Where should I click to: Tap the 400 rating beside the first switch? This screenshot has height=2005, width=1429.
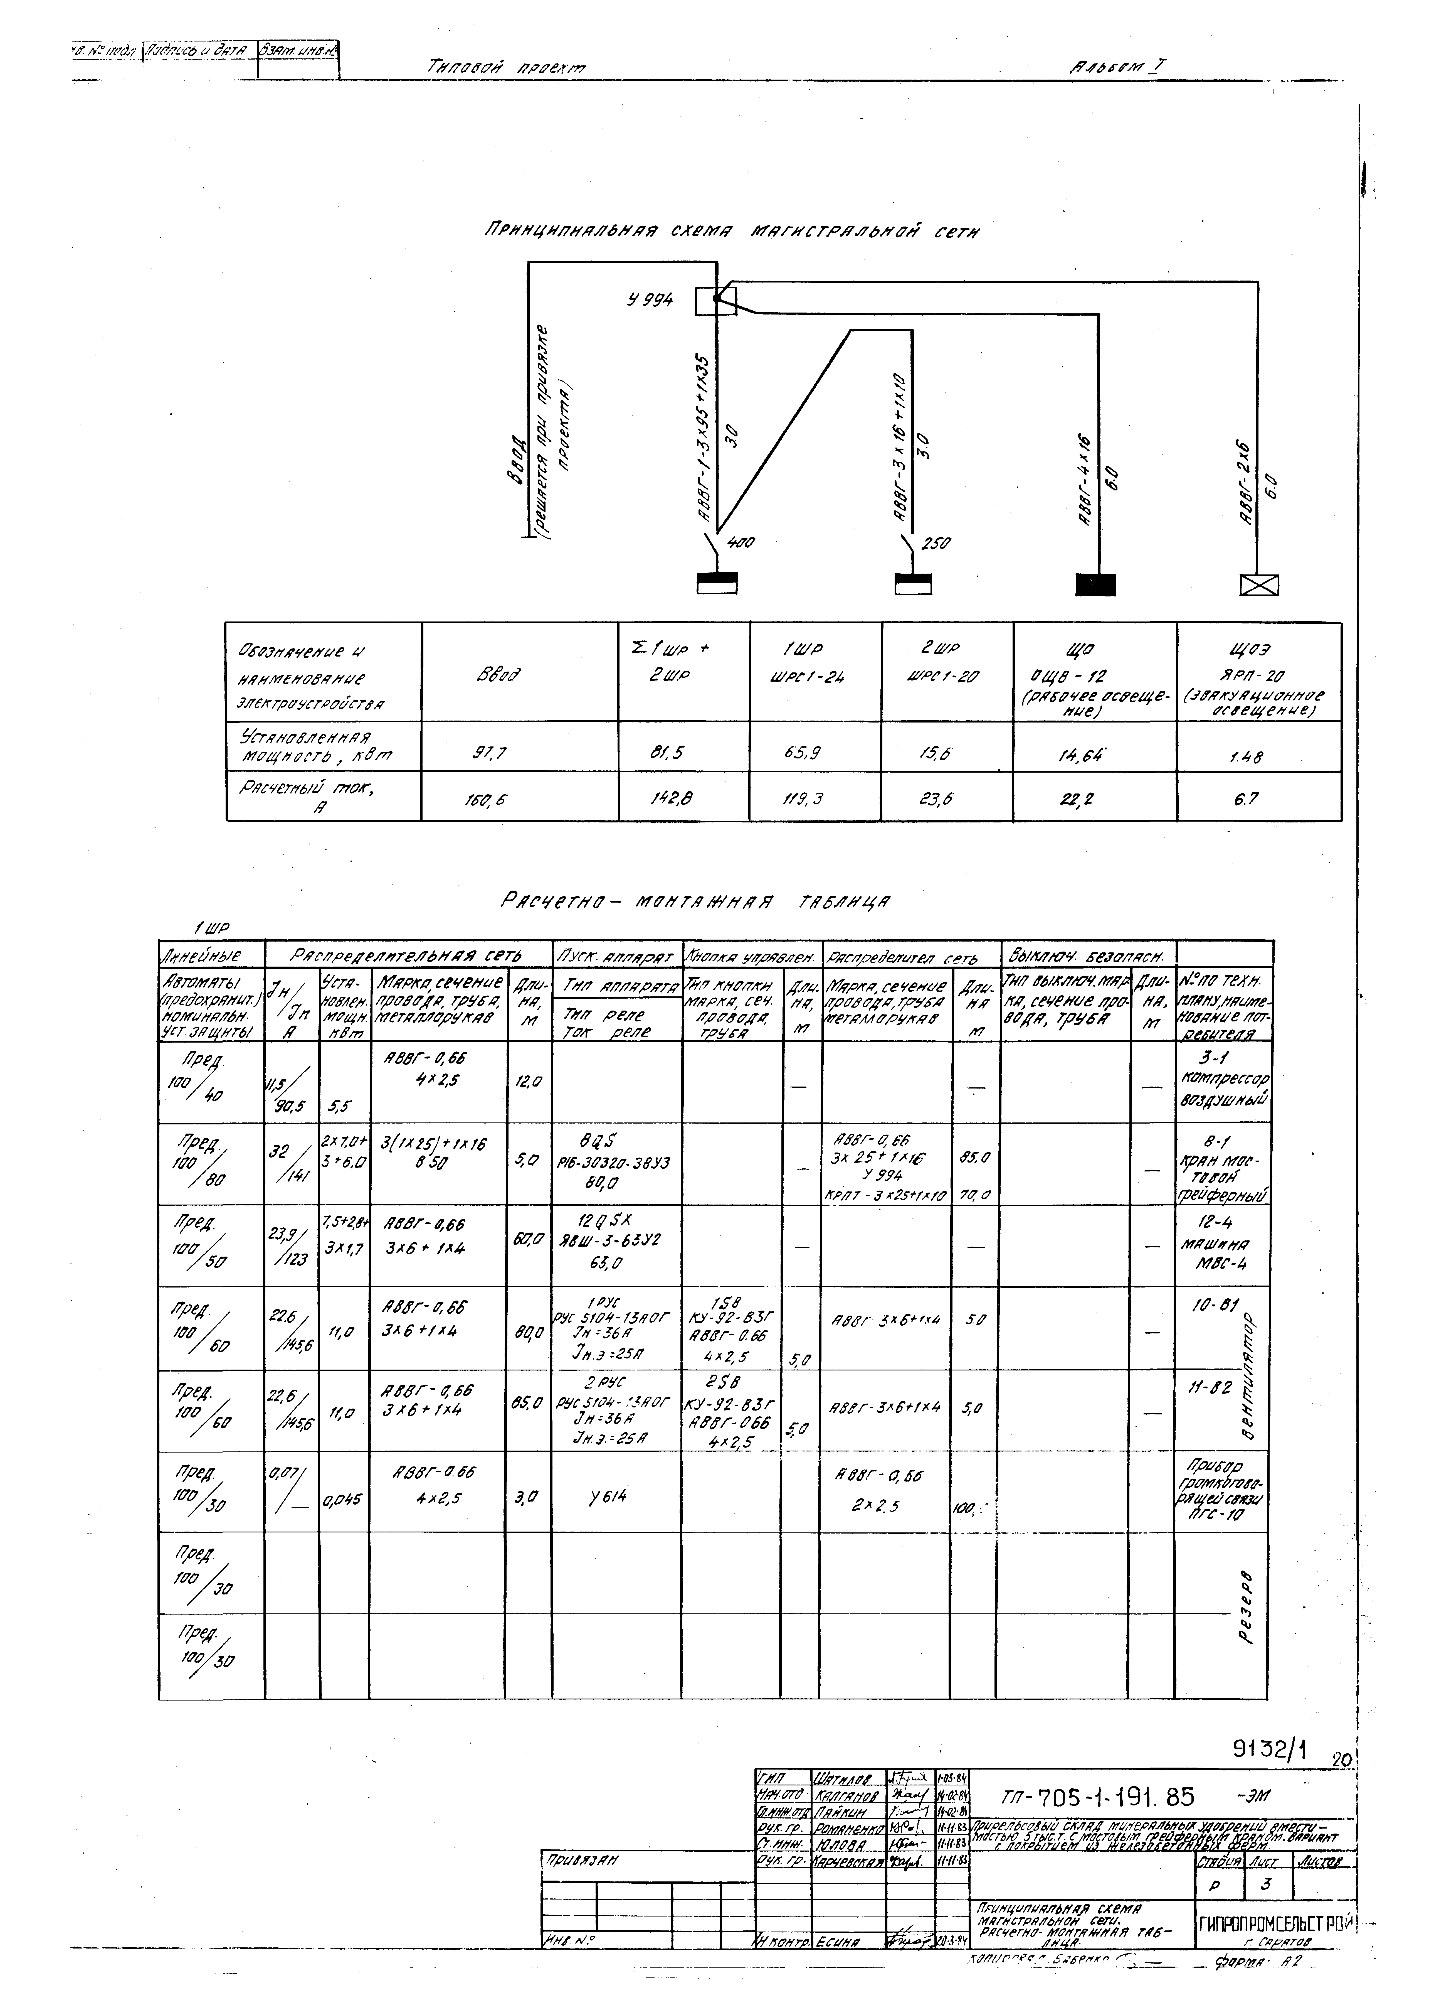(741, 543)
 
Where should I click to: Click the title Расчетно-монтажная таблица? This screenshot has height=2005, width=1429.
(695, 901)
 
